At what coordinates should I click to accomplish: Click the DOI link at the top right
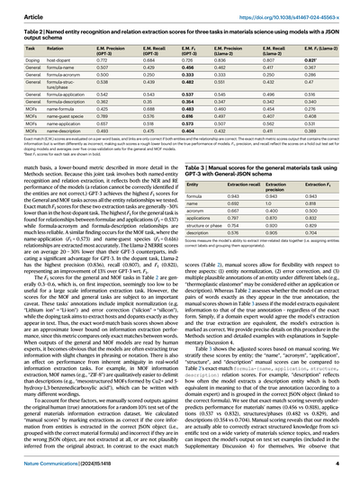tap(301, 7)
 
